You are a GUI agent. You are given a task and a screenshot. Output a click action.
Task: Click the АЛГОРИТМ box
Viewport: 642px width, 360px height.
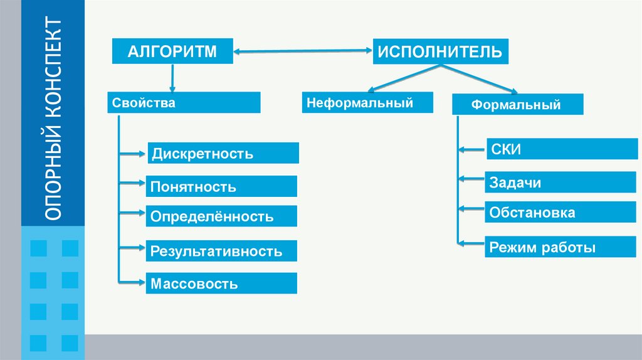172,51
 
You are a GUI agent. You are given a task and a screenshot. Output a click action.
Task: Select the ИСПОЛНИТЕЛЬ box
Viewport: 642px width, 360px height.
440,51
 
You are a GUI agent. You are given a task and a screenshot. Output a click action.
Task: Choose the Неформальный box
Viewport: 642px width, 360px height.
368,102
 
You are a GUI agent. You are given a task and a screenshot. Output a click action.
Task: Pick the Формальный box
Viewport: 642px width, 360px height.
517,104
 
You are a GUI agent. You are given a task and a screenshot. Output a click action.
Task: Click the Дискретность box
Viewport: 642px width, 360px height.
223,153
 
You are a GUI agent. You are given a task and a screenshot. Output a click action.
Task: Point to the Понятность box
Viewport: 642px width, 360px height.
221,186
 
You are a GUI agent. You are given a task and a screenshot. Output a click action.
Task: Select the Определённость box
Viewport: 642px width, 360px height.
221,216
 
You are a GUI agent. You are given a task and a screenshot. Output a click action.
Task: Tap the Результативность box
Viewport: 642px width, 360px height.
221,251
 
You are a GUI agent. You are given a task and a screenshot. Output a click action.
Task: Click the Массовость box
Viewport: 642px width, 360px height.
221,283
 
